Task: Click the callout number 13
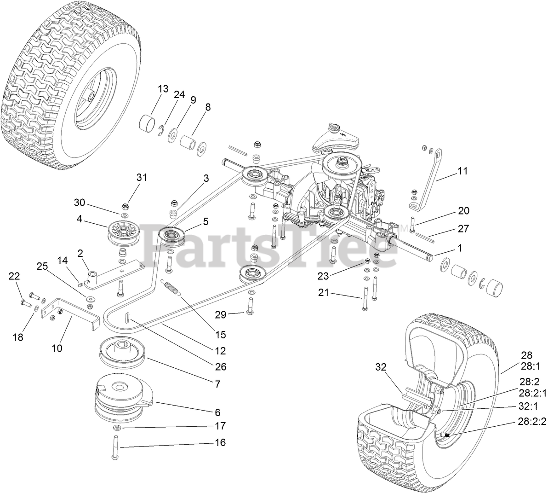(x=163, y=89)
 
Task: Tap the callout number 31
(x=143, y=177)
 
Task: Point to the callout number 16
(x=220, y=442)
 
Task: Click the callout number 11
(x=462, y=171)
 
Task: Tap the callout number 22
(x=14, y=276)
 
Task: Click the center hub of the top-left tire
(x=91, y=96)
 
